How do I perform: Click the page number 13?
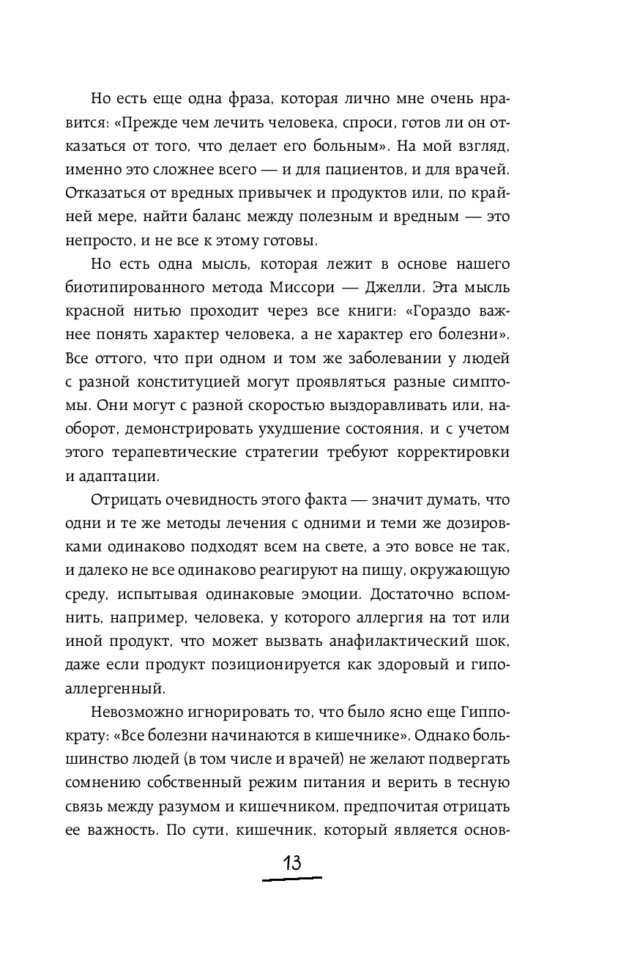[291, 862]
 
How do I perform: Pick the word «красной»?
[100, 315]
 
